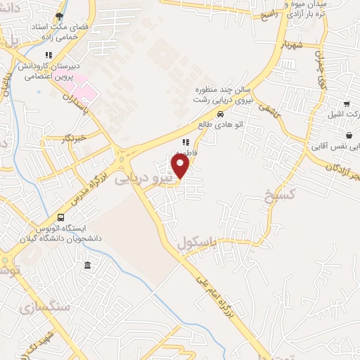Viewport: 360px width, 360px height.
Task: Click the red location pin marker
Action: tap(181, 166)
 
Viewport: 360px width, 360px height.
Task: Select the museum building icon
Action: tap(86, 265)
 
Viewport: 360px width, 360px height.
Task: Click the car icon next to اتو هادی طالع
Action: tap(220, 114)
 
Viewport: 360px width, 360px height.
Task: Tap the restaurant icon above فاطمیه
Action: tap(186, 141)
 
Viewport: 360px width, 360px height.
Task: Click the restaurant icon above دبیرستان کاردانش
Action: tap(49, 55)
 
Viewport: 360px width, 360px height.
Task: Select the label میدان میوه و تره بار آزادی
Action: tap(302, 10)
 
